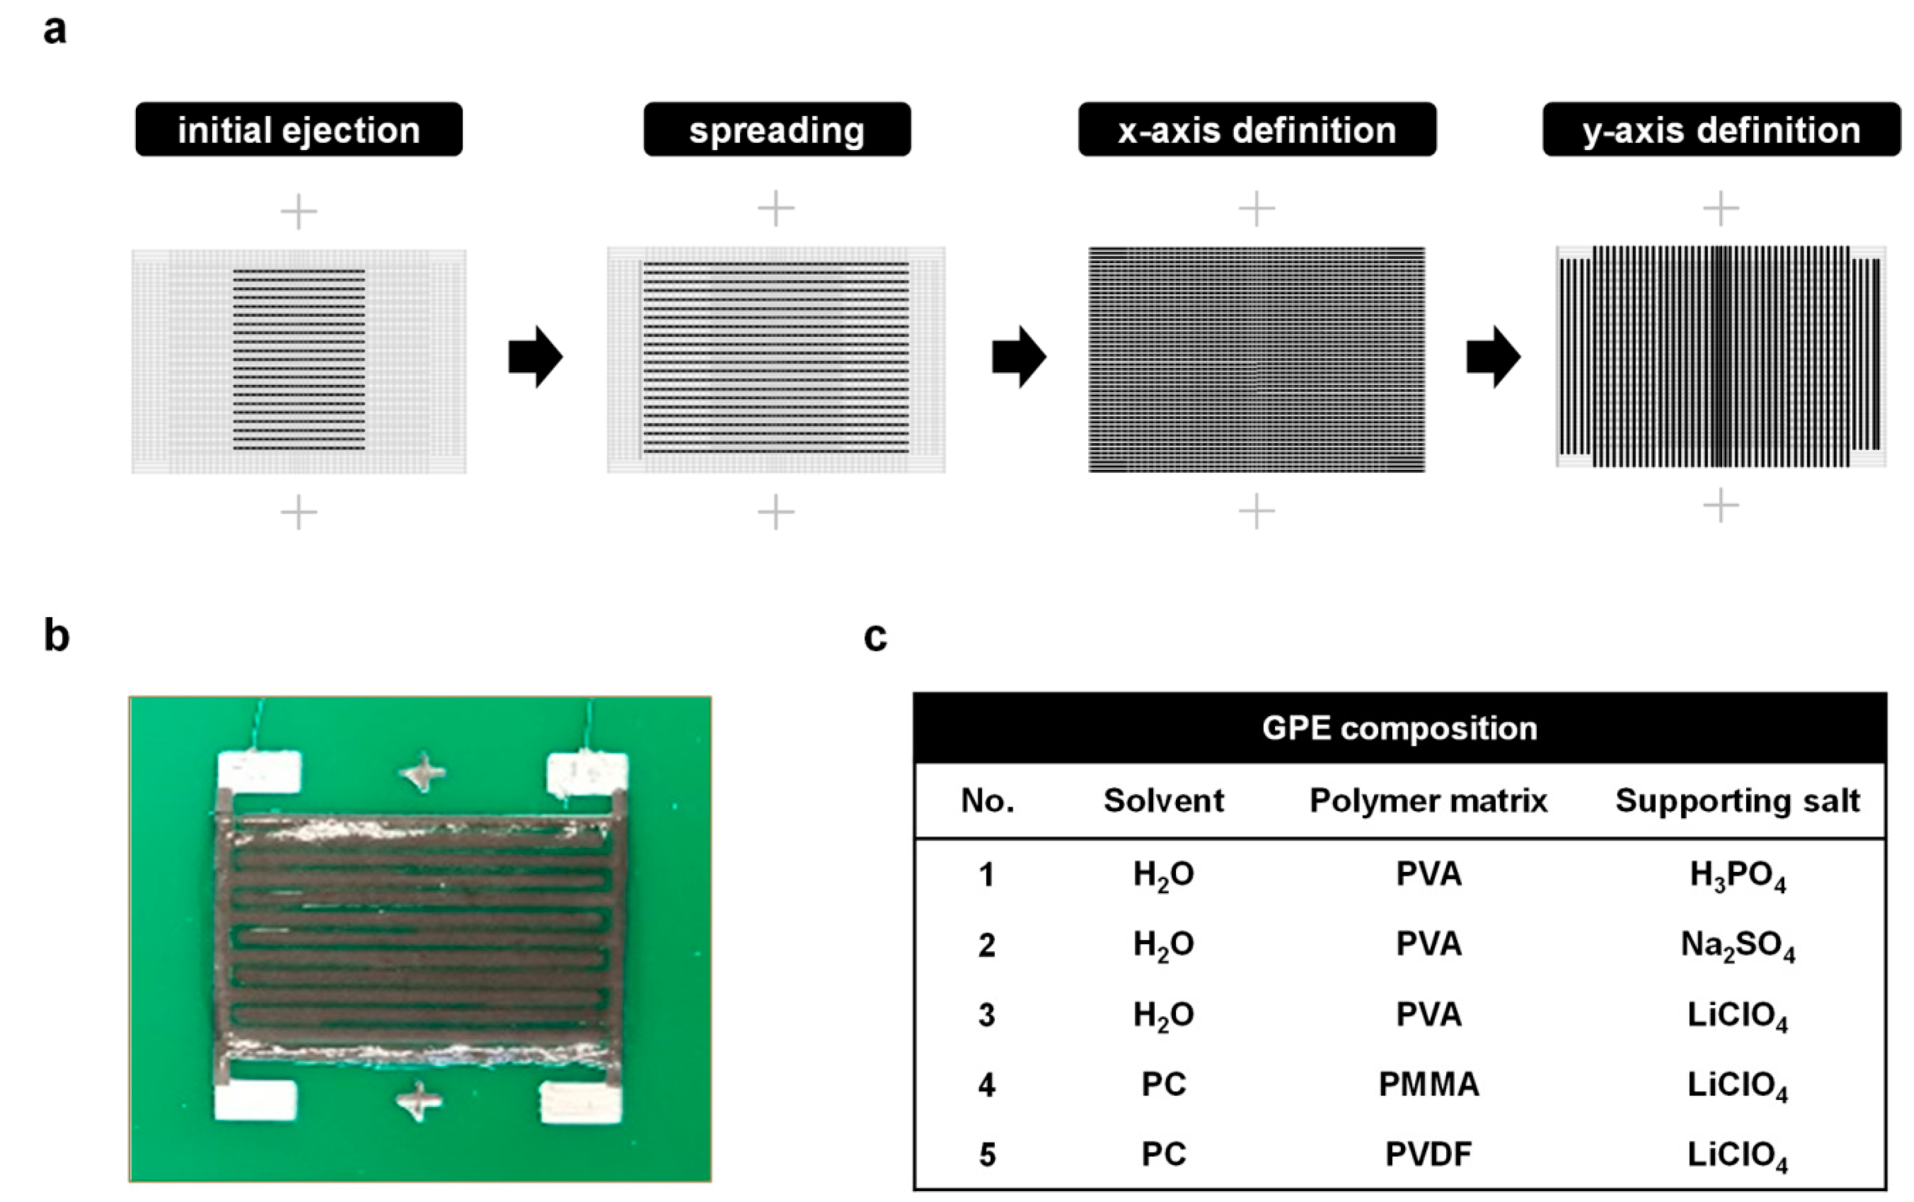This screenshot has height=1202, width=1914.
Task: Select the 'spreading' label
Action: coord(776,130)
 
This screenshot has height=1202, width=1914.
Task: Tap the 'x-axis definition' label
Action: coord(1256,130)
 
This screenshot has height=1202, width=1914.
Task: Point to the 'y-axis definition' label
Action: coord(1721,130)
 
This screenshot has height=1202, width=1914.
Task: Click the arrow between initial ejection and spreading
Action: coord(535,357)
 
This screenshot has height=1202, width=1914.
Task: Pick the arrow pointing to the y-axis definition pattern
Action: coord(1493,357)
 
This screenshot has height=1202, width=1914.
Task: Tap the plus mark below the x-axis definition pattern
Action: coord(1256,511)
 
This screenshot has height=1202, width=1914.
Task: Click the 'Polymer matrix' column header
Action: coord(1428,800)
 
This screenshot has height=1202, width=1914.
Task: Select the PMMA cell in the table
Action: coord(1428,1084)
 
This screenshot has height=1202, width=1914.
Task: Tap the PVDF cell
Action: coord(1428,1154)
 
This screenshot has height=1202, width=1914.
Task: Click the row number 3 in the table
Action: coord(986,1015)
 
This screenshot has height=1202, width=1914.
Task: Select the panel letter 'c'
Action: coord(875,637)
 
